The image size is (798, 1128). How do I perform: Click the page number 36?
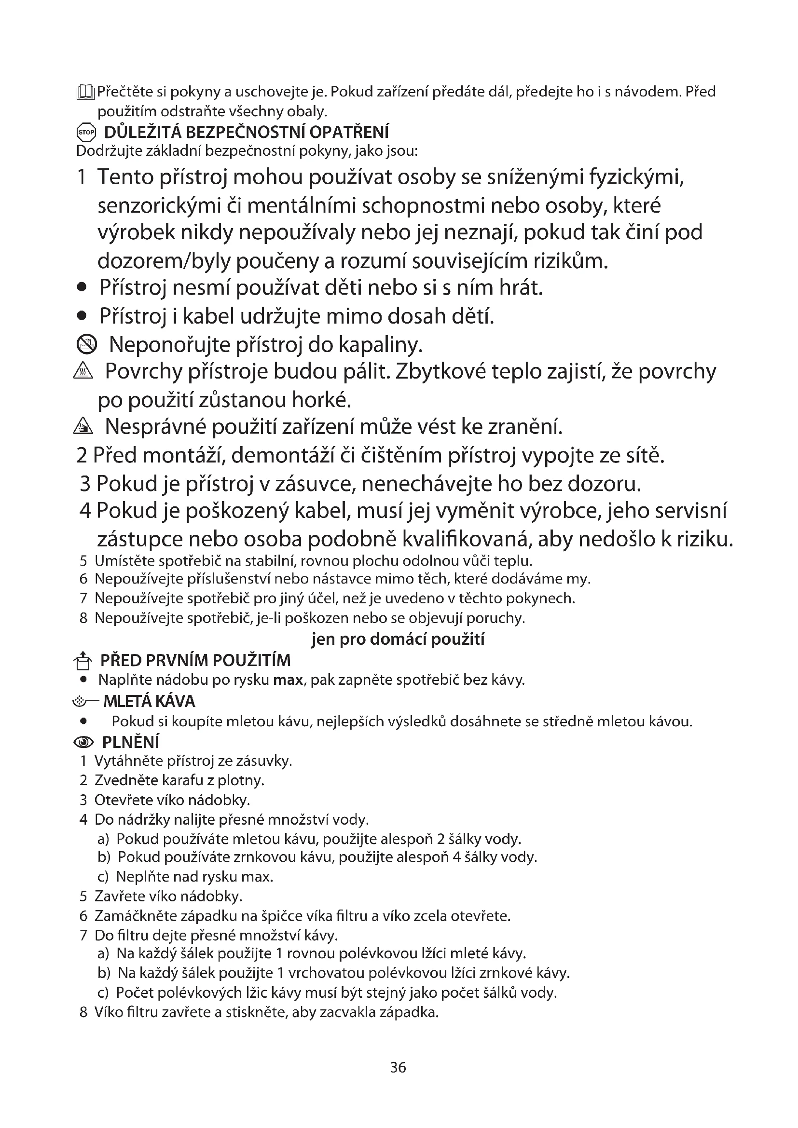click(398, 1067)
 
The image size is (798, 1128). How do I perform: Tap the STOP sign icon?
click(86, 132)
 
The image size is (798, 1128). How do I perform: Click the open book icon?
click(85, 93)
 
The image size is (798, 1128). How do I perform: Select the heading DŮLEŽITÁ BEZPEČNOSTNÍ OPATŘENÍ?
click(246, 132)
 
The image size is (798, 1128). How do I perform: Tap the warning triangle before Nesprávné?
click(83, 428)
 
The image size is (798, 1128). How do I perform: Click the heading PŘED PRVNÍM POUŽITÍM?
click(195, 660)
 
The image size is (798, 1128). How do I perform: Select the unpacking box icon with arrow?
click(83, 660)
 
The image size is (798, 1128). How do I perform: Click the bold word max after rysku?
click(288, 680)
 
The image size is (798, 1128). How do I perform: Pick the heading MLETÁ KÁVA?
click(149, 701)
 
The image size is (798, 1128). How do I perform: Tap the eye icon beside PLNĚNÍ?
click(83, 742)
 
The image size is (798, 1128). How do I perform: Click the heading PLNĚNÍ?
click(130, 742)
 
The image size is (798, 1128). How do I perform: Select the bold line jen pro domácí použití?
click(398, 639)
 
